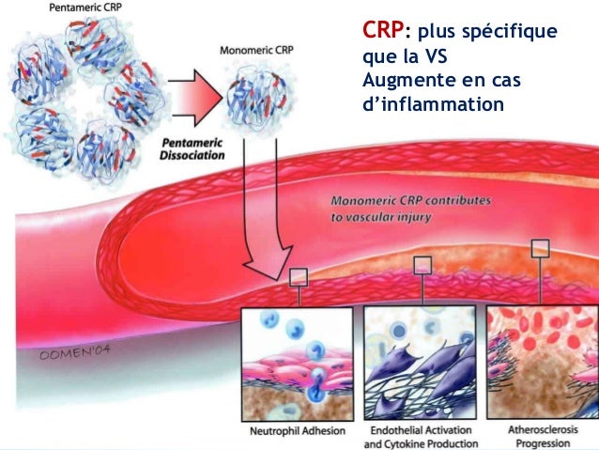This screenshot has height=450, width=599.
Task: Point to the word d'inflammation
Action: [433, 102]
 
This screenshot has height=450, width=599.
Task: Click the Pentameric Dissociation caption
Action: [192, 148]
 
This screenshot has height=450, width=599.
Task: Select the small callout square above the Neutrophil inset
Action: [299, 276]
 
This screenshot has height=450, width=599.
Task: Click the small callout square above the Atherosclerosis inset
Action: [540, 248]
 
